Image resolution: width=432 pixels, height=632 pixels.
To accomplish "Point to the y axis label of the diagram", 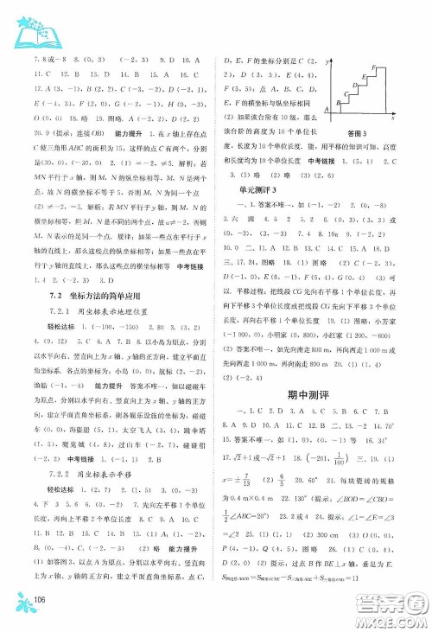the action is pyautogui.click(x=328, y=62).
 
